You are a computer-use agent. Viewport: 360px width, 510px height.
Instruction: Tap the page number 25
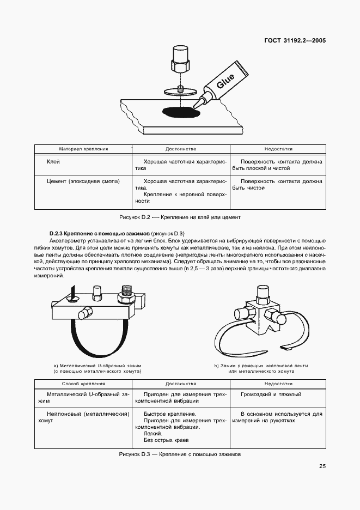point(322,466)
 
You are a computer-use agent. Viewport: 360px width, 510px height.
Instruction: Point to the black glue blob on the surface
point(181,112)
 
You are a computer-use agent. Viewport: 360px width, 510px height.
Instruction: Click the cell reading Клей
point(53,162)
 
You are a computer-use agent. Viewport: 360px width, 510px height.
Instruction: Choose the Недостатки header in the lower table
point(278,384)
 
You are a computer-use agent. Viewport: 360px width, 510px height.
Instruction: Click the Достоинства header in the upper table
point(181,149)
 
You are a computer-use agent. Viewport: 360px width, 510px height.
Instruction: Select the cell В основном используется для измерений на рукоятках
point(277,417)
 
